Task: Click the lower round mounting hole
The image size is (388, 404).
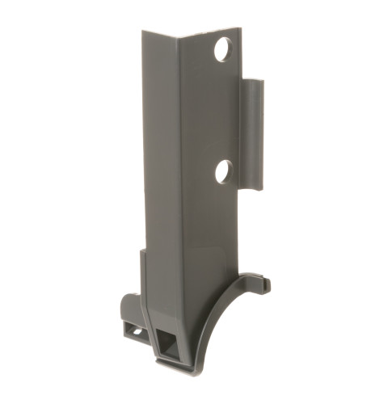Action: click(224, 170)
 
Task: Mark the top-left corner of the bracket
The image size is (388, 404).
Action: click(143, 32)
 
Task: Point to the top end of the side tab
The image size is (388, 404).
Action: click(253, 82)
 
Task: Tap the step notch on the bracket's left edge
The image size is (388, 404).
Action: click(141, 251)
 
